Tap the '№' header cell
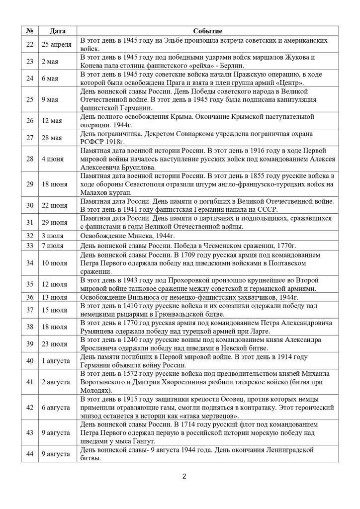pos(29,31)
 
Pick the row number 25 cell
pos(29,99)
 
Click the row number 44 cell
pos(29,454)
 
